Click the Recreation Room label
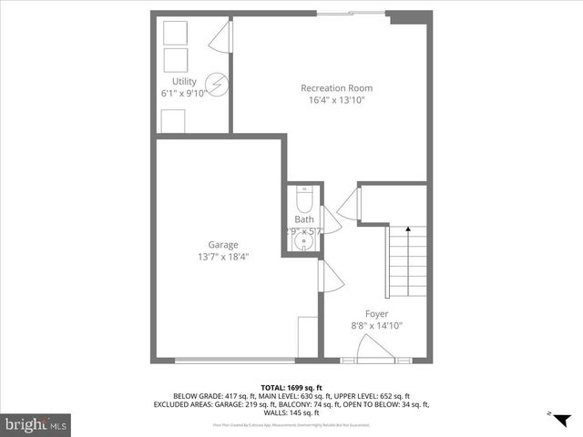(x=336, y=88)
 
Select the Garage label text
(x=223, y=245)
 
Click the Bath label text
(x=303, y=219)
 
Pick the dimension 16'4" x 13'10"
(x=336, y=100)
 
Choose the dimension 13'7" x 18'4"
(x=223, y=257)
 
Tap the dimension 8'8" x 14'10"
(x=376, y=325)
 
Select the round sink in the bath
(x=303, y=244)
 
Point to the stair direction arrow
(x=407, y=232)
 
